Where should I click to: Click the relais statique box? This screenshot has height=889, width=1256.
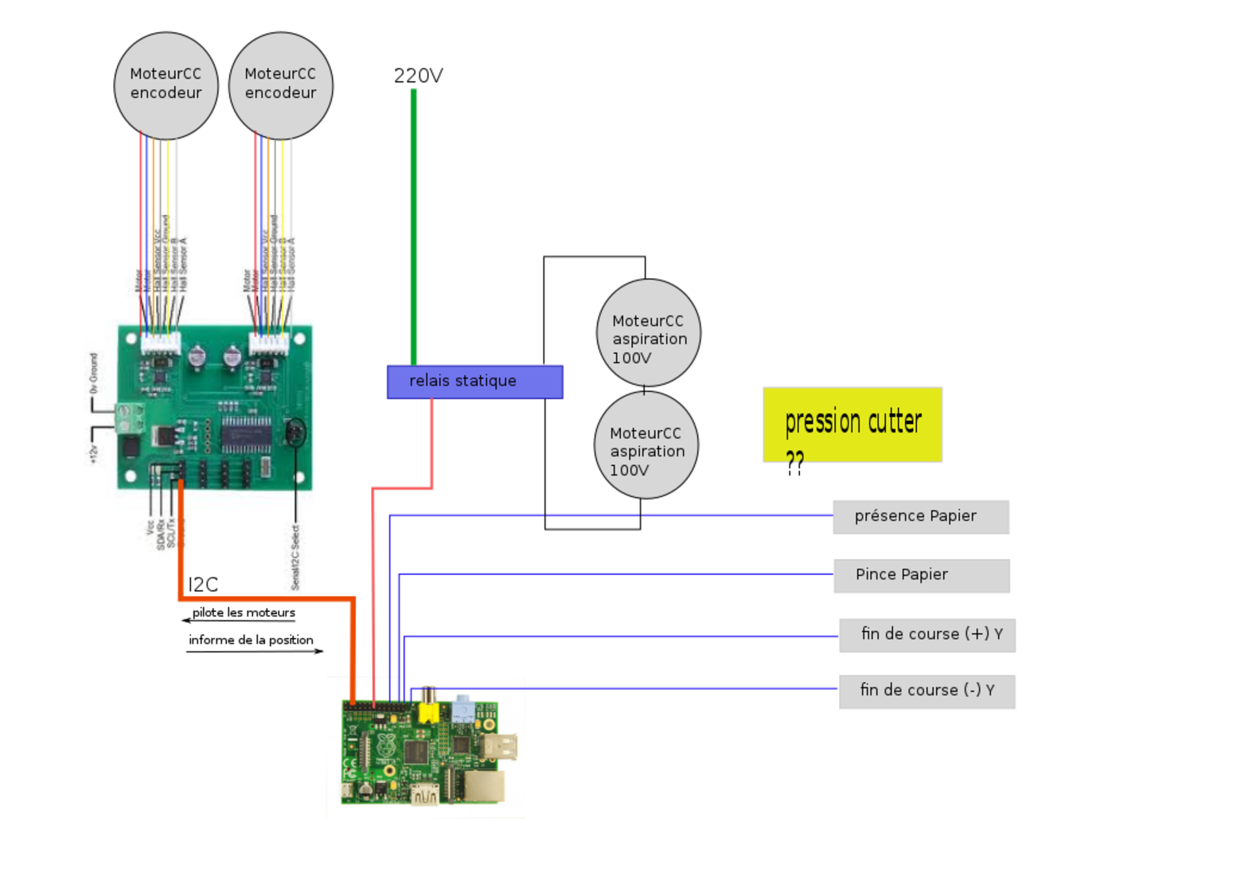(474, 382)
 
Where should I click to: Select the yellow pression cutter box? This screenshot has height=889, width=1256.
(852, 425)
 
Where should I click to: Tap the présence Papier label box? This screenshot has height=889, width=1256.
(921, 516)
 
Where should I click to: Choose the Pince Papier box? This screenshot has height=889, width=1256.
(922, 575)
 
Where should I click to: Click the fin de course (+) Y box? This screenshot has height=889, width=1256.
(927, 635)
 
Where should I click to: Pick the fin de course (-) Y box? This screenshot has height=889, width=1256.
(927, 691)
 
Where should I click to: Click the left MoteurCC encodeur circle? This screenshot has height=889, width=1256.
(166, 84)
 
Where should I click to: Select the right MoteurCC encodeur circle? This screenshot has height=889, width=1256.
(281, 84)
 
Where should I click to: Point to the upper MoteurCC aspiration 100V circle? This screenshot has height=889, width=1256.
(649, 333)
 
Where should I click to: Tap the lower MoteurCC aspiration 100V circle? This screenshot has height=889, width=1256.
(646, 445)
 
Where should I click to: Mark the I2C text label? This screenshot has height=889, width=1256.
(203, 585)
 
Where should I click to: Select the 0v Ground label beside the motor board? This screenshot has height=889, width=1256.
(93, 374)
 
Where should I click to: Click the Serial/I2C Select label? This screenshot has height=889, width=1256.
(295, 558)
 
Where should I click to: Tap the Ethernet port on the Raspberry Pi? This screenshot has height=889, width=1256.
(482, 786)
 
